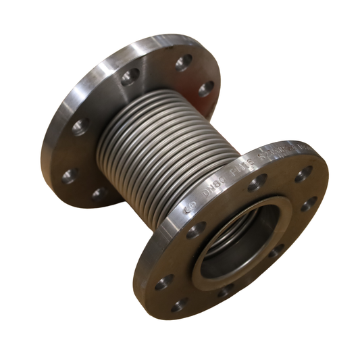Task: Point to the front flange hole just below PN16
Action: (257, 182)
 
